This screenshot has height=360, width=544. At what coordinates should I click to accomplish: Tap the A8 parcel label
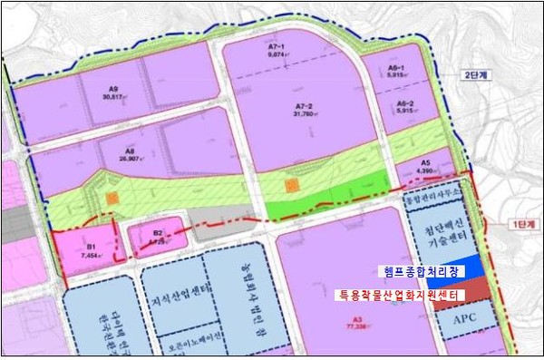[x=131, y=151]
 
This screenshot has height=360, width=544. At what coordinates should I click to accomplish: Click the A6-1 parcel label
[x=395, y=67]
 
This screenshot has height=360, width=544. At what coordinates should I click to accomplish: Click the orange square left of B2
[x=111, y=197]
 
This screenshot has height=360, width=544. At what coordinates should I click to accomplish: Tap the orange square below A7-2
[x=291, y=185]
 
